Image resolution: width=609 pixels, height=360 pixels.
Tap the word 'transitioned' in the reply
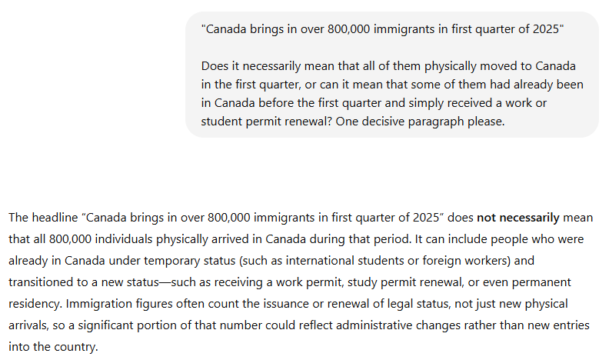coord(41,282)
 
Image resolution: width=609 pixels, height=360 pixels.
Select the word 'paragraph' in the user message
coord(449,122)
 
